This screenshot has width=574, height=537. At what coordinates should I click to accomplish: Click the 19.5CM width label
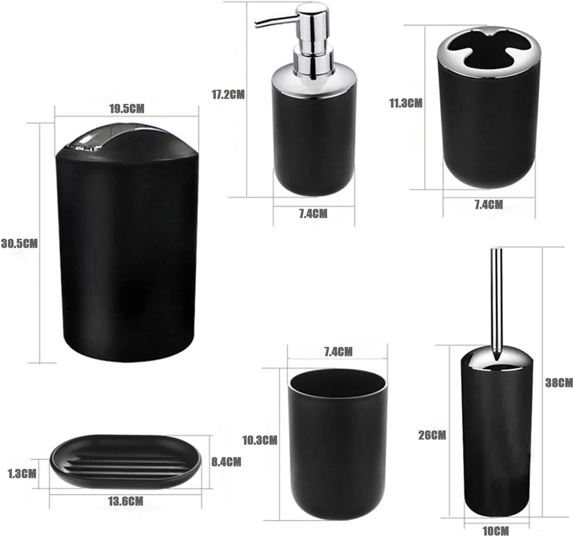127,109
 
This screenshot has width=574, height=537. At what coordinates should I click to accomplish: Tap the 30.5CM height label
19,243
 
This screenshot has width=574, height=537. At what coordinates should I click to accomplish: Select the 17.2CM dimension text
228,95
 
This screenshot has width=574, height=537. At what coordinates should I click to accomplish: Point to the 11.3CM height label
406,103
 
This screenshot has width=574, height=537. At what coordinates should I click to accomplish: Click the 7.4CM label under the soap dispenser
313,213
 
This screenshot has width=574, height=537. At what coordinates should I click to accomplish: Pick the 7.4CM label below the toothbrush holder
489,205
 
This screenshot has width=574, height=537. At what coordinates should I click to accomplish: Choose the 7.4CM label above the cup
338,352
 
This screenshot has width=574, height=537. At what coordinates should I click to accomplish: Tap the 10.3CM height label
260,440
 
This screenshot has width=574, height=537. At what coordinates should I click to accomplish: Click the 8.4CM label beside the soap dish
226,462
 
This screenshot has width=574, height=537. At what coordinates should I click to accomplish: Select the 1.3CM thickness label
22,474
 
